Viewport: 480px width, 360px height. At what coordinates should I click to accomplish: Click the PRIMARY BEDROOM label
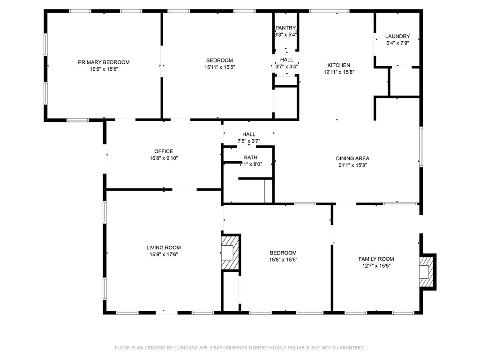(104, 62)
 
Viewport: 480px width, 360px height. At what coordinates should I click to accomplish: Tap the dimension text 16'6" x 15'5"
(104, 69)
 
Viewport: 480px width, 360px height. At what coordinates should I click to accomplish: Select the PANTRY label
(285, 28)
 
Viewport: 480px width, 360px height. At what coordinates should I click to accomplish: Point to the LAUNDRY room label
(397, 37)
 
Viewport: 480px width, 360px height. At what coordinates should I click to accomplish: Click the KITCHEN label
(338, 65)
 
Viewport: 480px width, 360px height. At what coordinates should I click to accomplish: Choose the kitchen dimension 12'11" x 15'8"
(338, 72)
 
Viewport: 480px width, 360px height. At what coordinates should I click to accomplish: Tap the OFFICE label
(164, 151)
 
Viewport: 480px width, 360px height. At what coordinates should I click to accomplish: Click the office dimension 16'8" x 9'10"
(164, 158)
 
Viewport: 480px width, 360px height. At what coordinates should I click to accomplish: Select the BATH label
(250, 157)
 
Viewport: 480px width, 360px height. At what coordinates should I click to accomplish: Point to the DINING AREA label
(352, 158)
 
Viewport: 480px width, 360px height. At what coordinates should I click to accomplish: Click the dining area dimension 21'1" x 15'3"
(352, 165)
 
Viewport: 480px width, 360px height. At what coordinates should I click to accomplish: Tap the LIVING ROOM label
(163, 247)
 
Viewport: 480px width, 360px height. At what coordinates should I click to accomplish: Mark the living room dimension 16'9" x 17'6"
(163, 255)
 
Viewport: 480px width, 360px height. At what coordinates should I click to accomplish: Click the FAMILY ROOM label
(376, 259)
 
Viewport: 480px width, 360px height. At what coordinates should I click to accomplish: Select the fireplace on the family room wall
(427, 271)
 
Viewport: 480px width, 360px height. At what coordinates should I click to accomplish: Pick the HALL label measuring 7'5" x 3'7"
(249, 135)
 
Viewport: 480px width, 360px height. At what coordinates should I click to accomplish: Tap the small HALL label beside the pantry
(286, 60)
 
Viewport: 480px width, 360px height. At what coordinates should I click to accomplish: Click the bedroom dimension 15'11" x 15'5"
(219, 67)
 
